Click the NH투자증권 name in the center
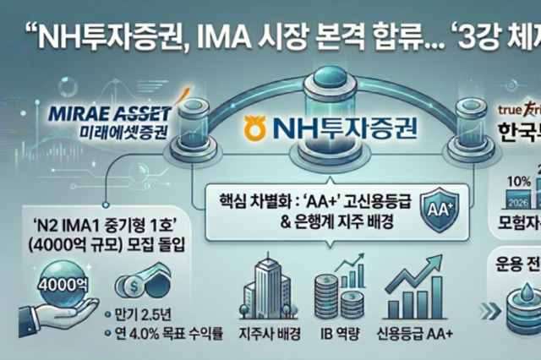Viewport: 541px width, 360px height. click(x=331, y=128)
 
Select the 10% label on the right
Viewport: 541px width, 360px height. click(x=517, y=182)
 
